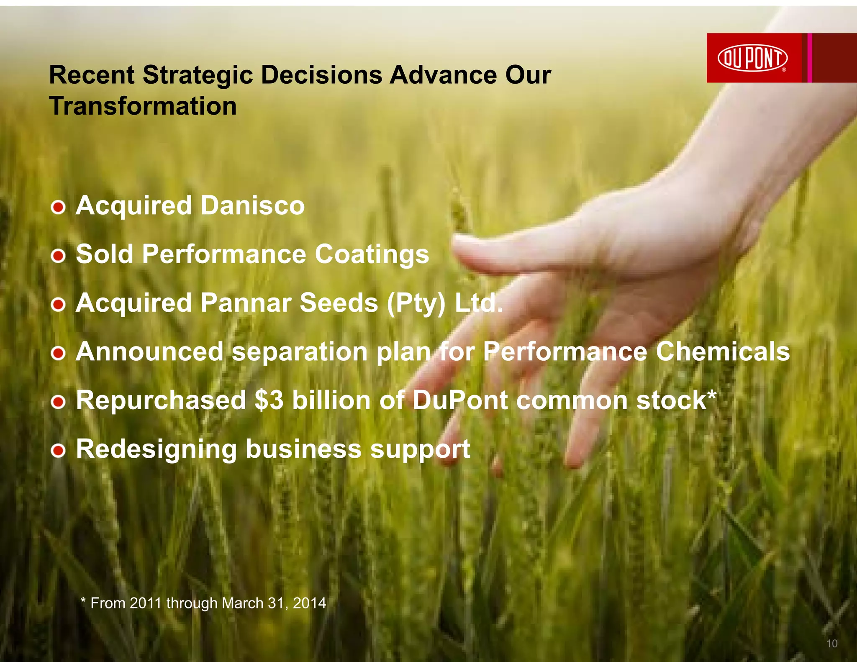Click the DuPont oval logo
[x=752, y=58]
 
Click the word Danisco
[x=252, y=205]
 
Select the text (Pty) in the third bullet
[x=416, y=303]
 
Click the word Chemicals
[x=723, y=352]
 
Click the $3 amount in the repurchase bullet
[x=269, y=400]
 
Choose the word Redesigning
[x=156, y=449]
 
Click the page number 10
[x=832, y=644]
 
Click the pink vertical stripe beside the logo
[x=810, y=58]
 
